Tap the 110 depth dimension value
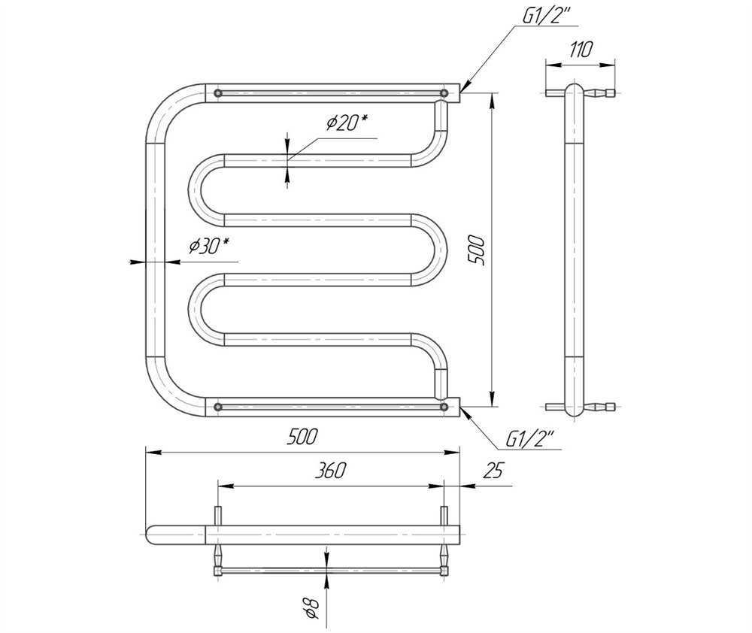[x=581, y=50]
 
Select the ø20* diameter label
[x=347, y=123]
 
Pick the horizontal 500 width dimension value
[x=302, y=437]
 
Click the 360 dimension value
[x=330, y=471]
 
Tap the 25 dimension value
[x=493, y=471]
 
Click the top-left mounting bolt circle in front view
[x=218, y=92]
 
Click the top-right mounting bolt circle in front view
[x=444, y=92]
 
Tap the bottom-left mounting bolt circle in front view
[x=218, y=407]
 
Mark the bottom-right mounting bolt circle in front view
[x=444, y=407]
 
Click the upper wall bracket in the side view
[x=581, y=92]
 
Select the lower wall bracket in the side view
[x=581, y=407]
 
